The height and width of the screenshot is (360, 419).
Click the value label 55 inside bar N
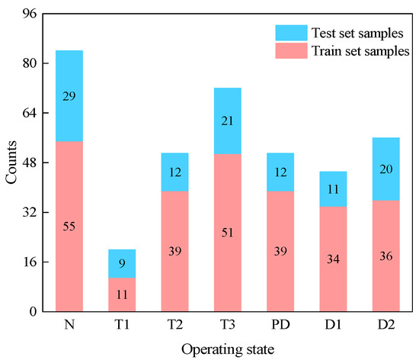pyautogui.click(x=69, y=227)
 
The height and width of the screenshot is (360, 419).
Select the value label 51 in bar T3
pyautogui.click(x=227, y=233)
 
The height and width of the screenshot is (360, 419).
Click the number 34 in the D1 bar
pyautogui.click(x=332, y=259)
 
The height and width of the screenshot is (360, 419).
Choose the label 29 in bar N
pyautogui.click(x=69, y=96)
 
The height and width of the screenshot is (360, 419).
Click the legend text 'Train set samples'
pyautogui.click(x=360, y=51)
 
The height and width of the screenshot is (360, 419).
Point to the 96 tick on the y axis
pyautogui.click(x=29, y=14)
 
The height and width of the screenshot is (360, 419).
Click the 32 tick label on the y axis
pyautogui.click(x=29, y=213)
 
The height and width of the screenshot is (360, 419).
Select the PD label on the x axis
pyautogui.click(x=280, y=324)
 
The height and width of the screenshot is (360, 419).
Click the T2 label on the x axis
pyautogui.click(x=174, y=324)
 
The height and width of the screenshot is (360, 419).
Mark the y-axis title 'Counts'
pyautogui.click(x=11, y=162)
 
